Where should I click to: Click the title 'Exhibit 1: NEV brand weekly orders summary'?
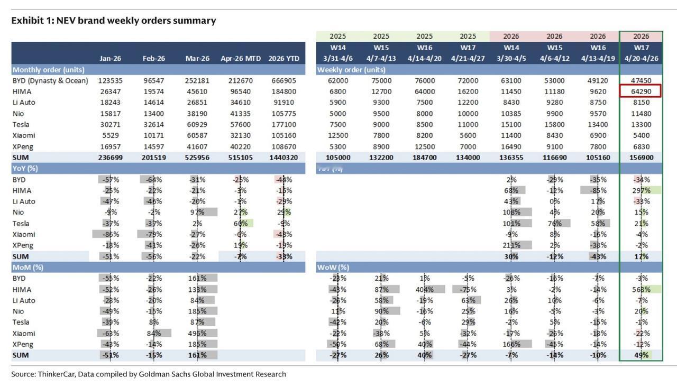(x=114, y=21)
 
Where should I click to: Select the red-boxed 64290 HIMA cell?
(x=641, y=91)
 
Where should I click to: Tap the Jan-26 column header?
(x=109, y=58)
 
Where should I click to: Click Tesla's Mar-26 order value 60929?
(x=197, y=124)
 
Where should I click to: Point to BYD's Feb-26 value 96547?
(x=153, y=80)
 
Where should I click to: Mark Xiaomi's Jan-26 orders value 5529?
(x=109, y=135)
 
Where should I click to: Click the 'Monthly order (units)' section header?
(x=48, y=69)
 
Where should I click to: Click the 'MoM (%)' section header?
(x=28, y=267)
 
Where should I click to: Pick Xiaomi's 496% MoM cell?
(x=197, y=333)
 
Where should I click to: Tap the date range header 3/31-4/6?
(x=337, y=58)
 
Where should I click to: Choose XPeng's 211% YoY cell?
(x=512, y=245)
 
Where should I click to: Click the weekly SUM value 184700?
(x=424, y=158)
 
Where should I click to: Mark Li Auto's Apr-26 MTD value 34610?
(x=241, y=102)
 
